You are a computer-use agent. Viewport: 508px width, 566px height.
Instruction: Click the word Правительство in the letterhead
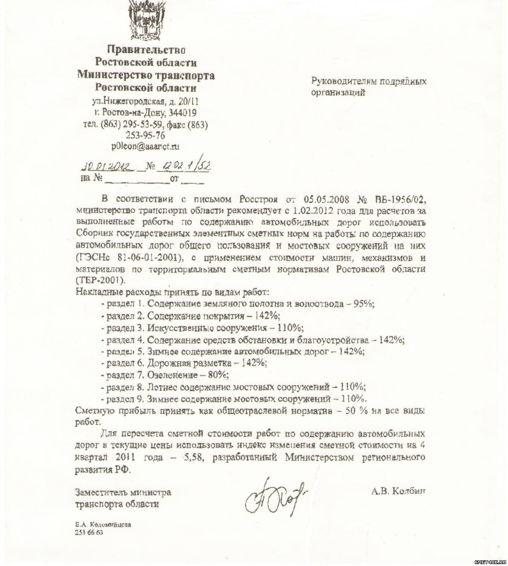click(x=146, y=50)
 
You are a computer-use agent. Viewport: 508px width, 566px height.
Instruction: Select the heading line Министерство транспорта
click(x=146, y=75)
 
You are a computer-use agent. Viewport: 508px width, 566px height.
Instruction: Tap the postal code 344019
click(x=183, y=113)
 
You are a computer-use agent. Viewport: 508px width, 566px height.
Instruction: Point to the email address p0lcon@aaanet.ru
click(x=145, y=147)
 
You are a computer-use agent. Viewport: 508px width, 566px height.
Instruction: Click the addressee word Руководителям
click(x=343, y=81)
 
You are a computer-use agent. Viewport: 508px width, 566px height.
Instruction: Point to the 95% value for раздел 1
click(x=363, y=304)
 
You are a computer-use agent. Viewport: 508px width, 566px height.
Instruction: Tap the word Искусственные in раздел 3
click(x=176, y=328)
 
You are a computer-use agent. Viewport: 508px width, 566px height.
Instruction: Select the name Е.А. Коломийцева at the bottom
click(x=103, y=525)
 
